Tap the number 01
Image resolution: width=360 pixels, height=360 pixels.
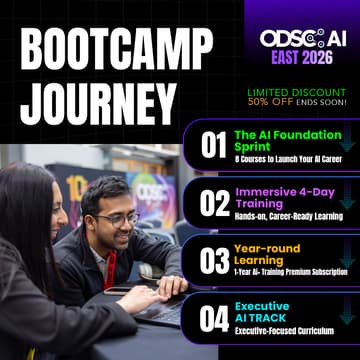(212, 146)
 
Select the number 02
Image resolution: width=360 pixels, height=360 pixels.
(212, 202)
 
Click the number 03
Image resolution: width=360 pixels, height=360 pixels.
(212, 260)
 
